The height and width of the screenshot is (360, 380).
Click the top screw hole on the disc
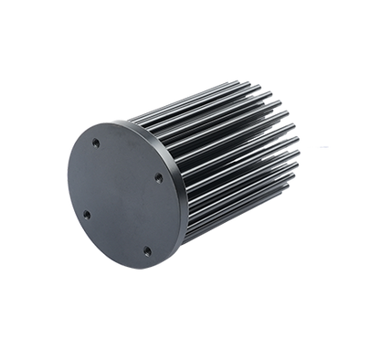96,144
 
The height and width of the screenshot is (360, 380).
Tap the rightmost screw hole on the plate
158,177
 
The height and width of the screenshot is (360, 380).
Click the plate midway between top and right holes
127,161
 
